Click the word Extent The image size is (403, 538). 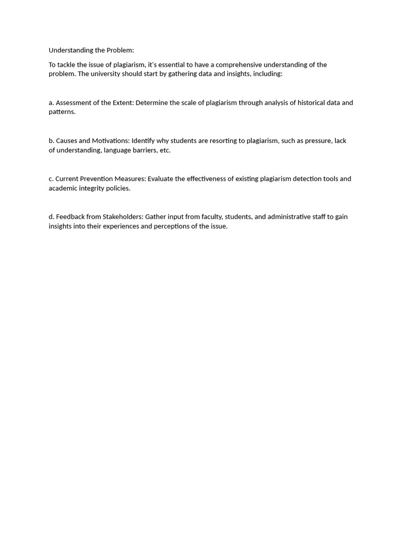click(123, 102)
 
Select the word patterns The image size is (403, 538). click(62, 112)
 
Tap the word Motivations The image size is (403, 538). click(111, 141)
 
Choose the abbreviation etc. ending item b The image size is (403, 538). click(165, 150)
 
